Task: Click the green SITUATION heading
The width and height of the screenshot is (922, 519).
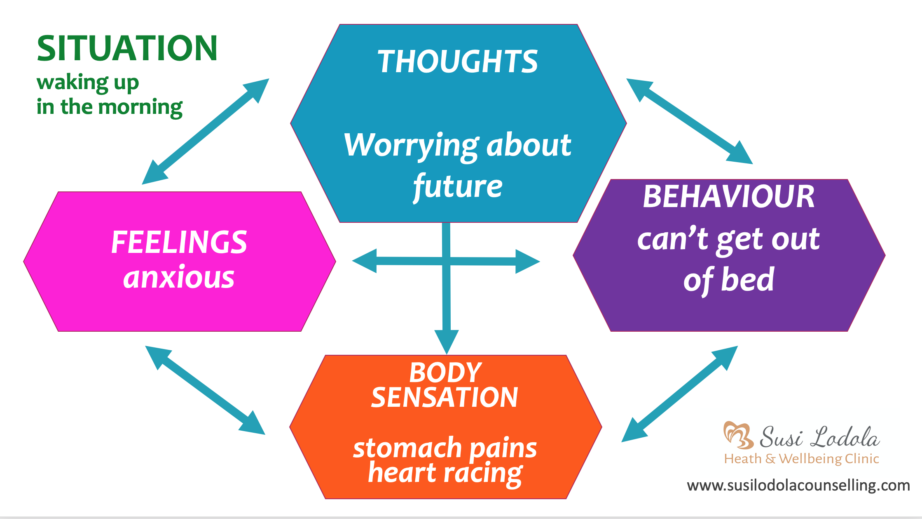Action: [x=127, y=49]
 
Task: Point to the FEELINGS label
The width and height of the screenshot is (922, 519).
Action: [x=179, y=242]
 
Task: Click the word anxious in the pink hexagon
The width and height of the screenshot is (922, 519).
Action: [x=179, y=277]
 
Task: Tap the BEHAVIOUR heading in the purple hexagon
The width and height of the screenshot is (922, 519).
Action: [x=728, y=196]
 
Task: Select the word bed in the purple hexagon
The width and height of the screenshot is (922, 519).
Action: [x=747, y=280]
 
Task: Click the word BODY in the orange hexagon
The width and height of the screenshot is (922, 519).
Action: [x=445, y=372]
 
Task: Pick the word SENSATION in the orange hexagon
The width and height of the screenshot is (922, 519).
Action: [x=445, y=397]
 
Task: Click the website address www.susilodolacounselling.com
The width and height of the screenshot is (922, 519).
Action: [x=798, y=486]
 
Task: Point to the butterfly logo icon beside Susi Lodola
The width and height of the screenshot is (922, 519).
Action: [x=738, y=435]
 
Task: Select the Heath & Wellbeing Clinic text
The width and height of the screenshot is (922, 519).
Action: [x=801, y=459]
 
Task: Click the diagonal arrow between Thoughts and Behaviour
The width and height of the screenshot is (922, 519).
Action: [x=689, y=121]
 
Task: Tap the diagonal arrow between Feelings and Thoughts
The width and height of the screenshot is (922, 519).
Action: [x=205, y=132]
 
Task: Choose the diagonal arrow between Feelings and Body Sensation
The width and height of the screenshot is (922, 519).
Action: [x=205, y=390]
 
